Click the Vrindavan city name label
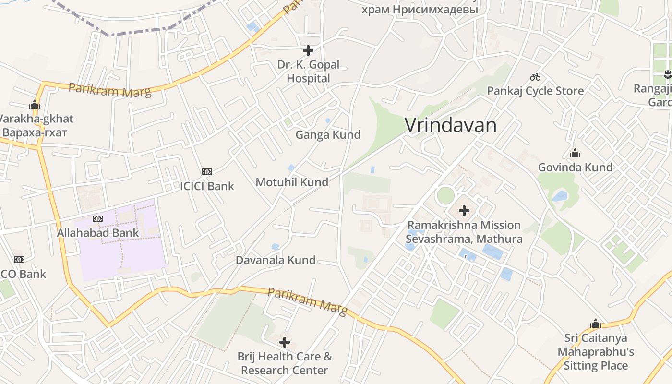450,125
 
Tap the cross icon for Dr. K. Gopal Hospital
308,50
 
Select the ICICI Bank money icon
207,172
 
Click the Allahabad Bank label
98,233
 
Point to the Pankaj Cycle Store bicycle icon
535,77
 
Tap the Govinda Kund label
575,168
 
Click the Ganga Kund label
328,135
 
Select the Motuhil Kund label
292,182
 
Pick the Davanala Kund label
276,260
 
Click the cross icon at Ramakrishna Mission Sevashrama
464,210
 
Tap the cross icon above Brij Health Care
285,342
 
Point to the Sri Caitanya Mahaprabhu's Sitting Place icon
596,324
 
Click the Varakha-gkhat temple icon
35,105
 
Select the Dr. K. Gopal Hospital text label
308,72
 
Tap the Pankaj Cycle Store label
535,91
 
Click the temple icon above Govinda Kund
575,154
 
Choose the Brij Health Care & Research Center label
285,363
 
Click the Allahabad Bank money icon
98,219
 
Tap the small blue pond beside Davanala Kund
275,247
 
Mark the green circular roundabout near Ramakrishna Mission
445,195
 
